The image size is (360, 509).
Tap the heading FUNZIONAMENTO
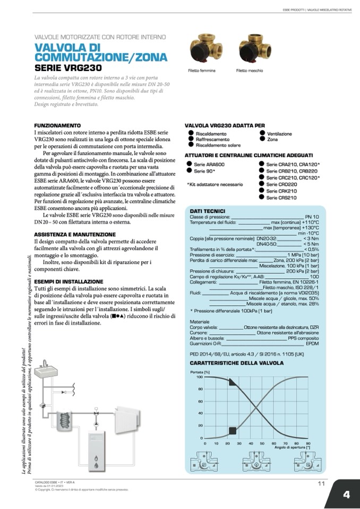pos(57,125)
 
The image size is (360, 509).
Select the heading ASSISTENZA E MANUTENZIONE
pos(74,234)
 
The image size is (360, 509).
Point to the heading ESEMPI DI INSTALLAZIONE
pos(68,281)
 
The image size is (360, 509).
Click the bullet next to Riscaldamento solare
pos(190,144)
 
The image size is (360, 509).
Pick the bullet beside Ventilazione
pos(262,133)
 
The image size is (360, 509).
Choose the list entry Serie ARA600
pos(206,165)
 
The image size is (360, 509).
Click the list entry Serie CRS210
pos(281,197)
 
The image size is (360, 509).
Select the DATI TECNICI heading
pos(208,211)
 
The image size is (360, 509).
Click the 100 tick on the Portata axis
pos(200,377)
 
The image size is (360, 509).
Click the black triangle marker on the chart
pos(233,382)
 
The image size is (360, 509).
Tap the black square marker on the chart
pos(232,430)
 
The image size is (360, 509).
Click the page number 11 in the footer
pos(321,484)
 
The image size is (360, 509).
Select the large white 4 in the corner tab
pos(346,494)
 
